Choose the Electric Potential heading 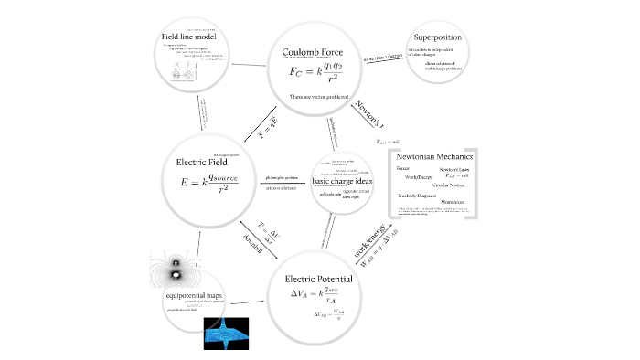320,278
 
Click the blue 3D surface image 225,334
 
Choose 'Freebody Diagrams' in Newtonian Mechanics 417,196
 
